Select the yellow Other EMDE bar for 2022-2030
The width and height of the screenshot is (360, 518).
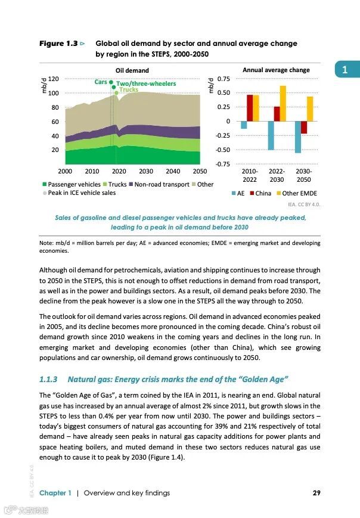tap(283, 104)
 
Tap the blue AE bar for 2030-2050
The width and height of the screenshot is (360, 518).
tap(297, 137)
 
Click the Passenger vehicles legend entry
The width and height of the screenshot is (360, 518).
tap(71, 185)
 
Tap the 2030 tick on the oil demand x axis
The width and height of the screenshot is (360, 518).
tap(146, 171)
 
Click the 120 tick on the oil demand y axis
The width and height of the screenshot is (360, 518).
tap(54, 79)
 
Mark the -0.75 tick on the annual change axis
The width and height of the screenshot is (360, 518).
tap(223, 164)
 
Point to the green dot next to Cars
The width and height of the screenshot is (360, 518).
tap(111, 82)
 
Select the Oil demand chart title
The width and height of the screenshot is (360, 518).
tap(132, 70)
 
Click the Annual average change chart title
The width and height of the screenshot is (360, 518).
tap(276, 70)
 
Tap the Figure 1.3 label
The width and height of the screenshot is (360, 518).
tap(58, 44)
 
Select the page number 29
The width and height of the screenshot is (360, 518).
tap(316, 493)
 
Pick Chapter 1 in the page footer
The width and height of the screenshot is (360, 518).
tap(55, 493)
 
